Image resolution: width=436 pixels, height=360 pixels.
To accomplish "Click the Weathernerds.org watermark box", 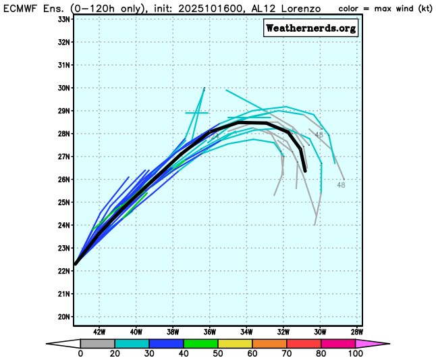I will coord(311,28).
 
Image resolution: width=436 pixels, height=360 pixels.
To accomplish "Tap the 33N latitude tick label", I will coord(63,19).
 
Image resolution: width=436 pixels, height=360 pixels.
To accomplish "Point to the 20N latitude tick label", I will coord(63,317).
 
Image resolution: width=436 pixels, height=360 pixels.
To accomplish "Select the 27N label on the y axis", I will coord(63,157).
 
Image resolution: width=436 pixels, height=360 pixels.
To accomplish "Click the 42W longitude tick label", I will coord(99,332).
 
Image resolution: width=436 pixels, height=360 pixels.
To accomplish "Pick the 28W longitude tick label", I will coord(357,332).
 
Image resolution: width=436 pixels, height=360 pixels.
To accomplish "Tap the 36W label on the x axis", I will coord(210,332).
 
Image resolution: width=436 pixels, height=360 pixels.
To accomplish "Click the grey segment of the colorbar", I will coord(97,343).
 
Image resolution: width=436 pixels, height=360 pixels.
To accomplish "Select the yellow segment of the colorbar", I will coord(235,343).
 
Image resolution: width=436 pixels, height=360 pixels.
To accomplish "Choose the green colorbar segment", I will coord(200,343).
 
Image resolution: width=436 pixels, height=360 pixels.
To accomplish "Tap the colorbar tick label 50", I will coord(218,354).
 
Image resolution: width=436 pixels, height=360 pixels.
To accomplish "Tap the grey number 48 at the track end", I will coord(341,184).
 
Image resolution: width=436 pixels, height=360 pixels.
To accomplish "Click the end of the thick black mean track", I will coord(305,171).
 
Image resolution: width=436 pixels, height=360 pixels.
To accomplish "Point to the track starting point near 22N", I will coord(76,264).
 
